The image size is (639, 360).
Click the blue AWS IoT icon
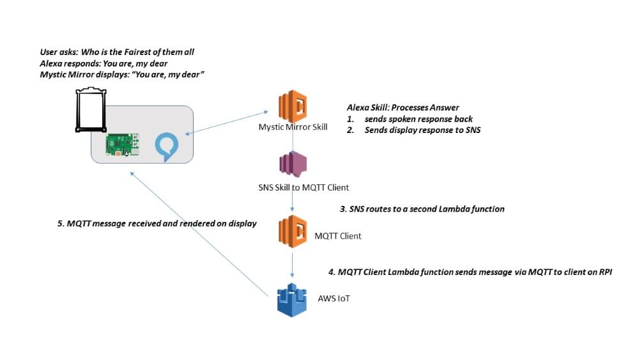tap(292, 299)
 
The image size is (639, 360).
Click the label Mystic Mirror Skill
tap(293, 127)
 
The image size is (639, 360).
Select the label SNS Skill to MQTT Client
tap(299, 187)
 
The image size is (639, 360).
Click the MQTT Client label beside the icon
tap(338, 236)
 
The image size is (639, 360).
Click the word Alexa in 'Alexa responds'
tap(52, 63)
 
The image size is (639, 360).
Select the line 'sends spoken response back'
tap(419, 119)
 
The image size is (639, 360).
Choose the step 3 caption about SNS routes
tap(422, 209)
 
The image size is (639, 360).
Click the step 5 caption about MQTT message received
tap(157, 224)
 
